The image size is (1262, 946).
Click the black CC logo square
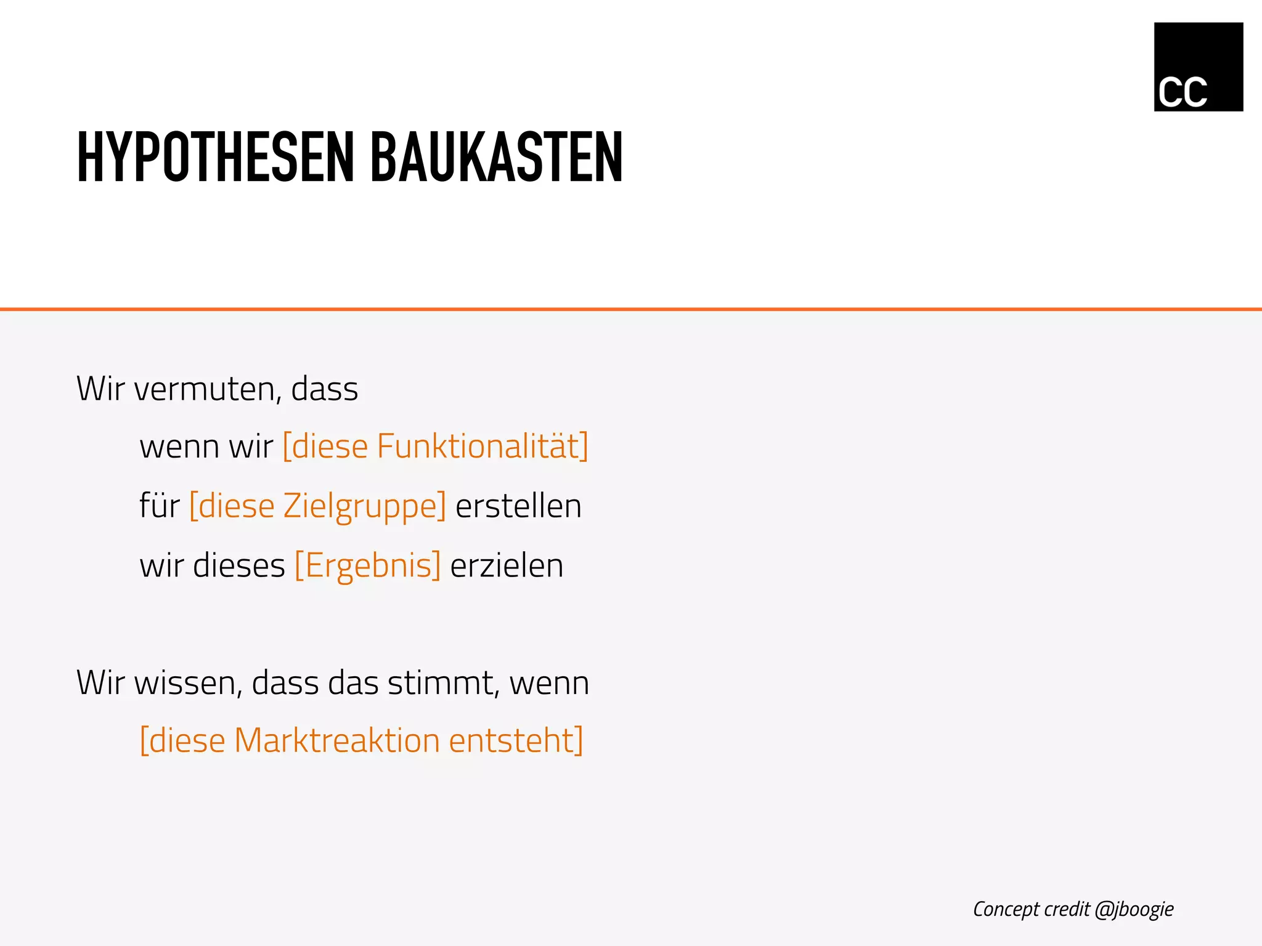1198,67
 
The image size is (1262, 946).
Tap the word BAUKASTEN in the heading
496,158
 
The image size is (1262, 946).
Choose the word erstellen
518,506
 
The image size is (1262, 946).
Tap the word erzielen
507,566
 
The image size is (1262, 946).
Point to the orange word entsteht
513,741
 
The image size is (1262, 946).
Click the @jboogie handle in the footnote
1134,910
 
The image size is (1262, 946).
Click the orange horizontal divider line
631,309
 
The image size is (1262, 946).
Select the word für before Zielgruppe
160,506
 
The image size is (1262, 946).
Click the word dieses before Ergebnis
239,566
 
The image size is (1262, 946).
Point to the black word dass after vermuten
324,389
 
